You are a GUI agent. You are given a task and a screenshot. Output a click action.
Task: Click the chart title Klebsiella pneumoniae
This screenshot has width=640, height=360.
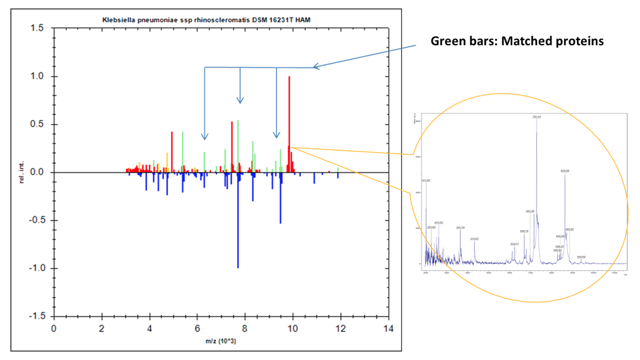pos(216,20)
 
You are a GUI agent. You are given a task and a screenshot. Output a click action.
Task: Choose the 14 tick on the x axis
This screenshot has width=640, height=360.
pos(389,328)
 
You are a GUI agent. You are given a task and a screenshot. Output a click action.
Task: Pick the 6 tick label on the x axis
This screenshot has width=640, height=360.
pos(197,328)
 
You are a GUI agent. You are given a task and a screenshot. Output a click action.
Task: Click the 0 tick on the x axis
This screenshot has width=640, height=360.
pos(54,328)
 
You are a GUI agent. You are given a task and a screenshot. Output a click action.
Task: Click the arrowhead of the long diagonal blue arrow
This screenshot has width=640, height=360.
pos(315,66)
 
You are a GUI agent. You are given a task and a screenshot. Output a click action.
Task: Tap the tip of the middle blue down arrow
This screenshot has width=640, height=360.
pos(240,102)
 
